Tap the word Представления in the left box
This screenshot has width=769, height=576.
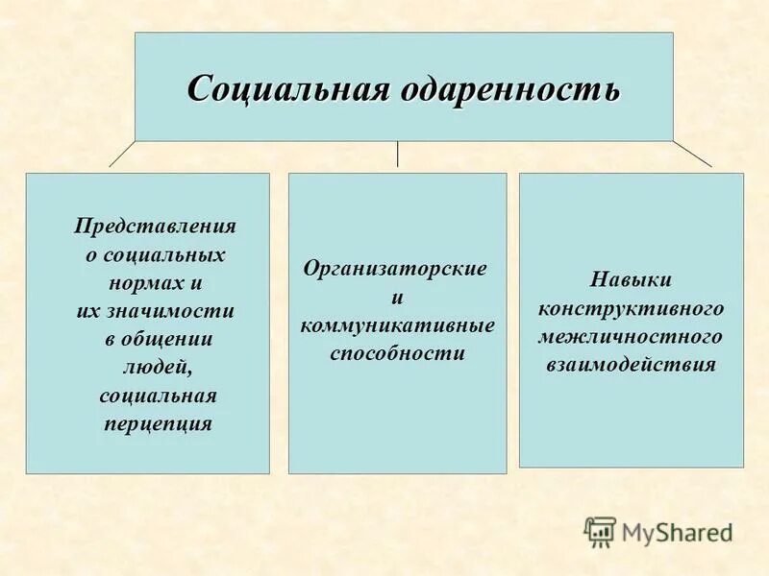pyautogui.click(x=156, y=228)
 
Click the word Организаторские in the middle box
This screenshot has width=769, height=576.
pyautogui.click(x=395, y=269)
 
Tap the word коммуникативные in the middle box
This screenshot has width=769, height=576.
pyautogui.click(x=397, y=325)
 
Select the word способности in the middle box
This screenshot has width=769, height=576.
pyautogui.click(x=397, y=353)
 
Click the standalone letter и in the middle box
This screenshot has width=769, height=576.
pyautogui.click(x=397, y=298)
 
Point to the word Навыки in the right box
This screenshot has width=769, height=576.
pyautogui.click(x=631, y=280)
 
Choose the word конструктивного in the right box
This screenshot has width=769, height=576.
pyautogui.click(x=631, y=309)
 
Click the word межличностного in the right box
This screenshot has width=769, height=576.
pyautogui.click(x=631, y=337)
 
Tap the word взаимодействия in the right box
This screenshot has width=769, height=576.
pyautogui.click(x=631, y=366)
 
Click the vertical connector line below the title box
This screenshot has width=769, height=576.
pyautogui.click(x=397, y=155)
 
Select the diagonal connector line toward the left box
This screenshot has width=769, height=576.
pyautogui.click(x=121, y=154)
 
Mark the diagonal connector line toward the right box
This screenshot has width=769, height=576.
pyautogui.click(x=692, y=154)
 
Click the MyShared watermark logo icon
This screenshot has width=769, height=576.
pyautogui.click(x=601, y=531)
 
